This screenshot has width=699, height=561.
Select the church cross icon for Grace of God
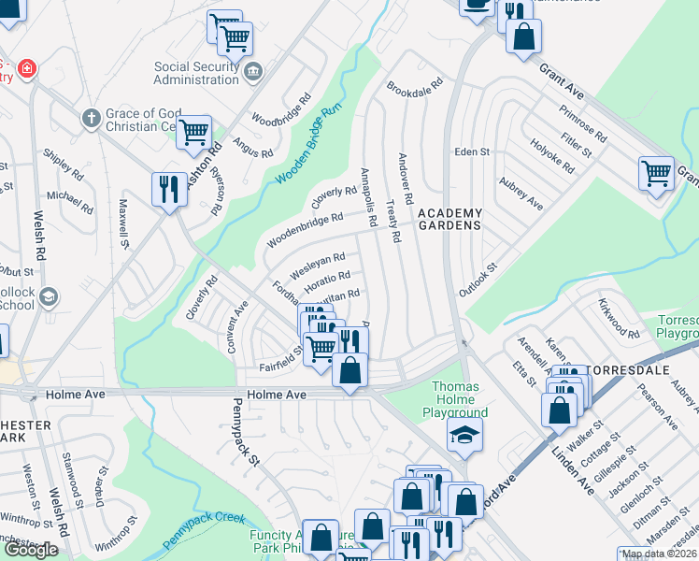tap(91, 118)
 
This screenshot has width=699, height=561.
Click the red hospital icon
tap(27, 68)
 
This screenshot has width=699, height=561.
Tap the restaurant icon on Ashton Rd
tap(168, 189)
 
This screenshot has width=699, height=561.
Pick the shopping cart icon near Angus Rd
tap(194, 132)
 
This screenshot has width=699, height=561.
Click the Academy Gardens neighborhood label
tap(449, 219)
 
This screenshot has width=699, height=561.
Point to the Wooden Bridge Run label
tap(306, 147)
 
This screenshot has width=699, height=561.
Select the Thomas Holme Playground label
tap(461, 399)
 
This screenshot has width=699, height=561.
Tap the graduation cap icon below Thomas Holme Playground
tap(464, 435)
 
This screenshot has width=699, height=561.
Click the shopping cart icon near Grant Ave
tap(657, 172)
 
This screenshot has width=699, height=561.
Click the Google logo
tap(31, 550)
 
